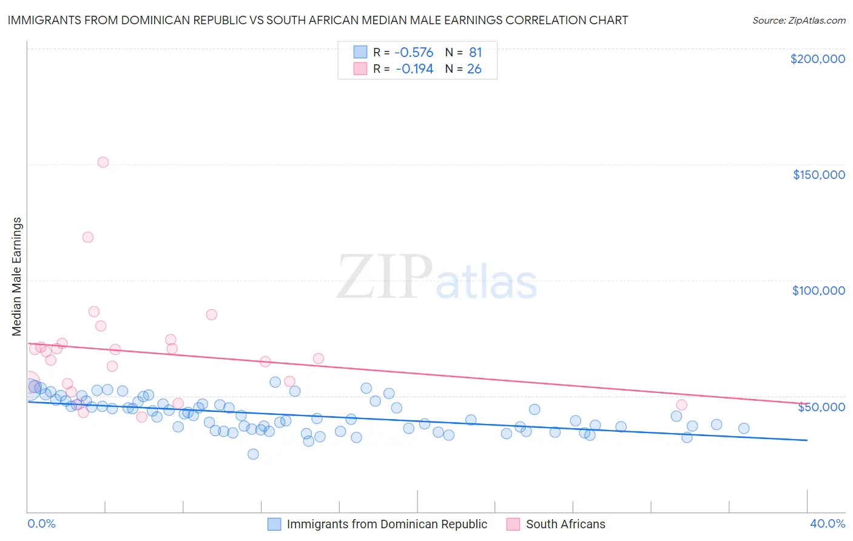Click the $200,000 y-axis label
click(817, 59)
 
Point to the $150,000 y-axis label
click(818, 175)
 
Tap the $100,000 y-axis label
click(818, 291)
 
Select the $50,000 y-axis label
click(821, 407)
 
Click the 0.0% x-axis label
click(41, 523)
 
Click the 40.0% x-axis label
click(827, 523)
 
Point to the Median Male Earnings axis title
click(17, 277)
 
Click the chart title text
click(317, 20)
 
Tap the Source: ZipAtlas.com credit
click(798, 20)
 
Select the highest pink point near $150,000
click(103, 162)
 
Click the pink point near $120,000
click(88, 237)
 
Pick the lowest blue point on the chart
click(253, 454)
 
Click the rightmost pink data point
click(681, 405)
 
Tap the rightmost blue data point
click(744, 428)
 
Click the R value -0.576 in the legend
click(413, 53)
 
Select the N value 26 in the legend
click(474, 69)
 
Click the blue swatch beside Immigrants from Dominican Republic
click(274, 524)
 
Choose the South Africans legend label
click(565, 524)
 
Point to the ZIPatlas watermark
click(437, 278)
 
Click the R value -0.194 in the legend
click(414, 69)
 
